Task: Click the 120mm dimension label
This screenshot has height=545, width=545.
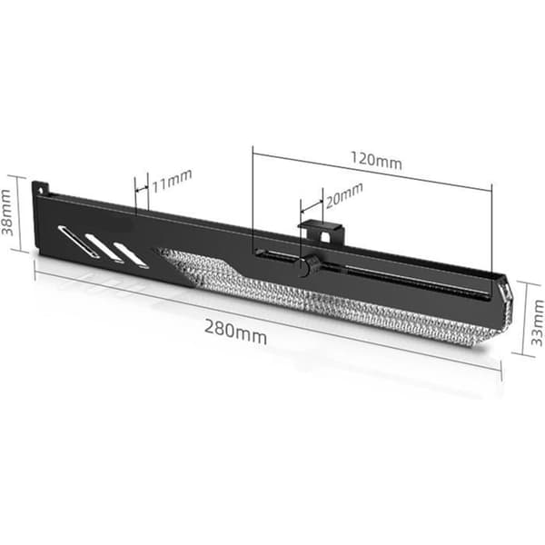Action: click(376, 161)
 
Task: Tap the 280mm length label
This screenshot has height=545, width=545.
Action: click(235, 332)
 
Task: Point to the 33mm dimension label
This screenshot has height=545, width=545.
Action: click(538, 322)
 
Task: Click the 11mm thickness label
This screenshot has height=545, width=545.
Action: click(172, 181)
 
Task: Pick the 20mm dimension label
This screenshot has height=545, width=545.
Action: click(344, 195)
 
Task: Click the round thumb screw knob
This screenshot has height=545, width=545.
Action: click(310, 266)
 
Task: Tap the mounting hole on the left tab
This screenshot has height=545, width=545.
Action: click(42, 191)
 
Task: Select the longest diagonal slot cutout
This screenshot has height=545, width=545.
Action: click(79, 242)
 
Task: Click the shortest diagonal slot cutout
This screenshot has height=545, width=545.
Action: click(131, 255)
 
